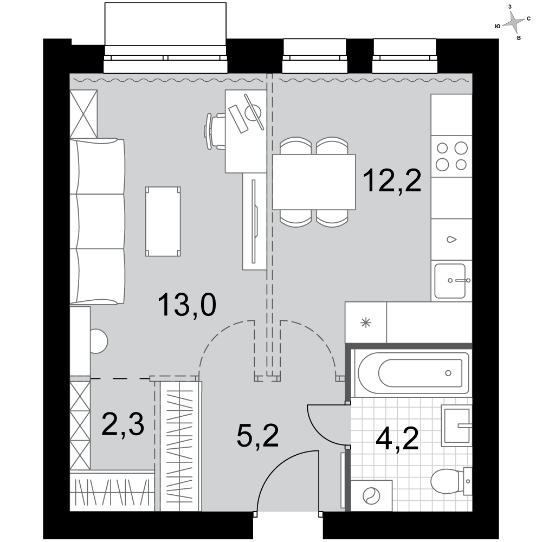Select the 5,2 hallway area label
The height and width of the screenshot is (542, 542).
(x=258, y=436)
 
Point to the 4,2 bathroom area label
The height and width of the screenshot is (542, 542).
(x=397, y=438)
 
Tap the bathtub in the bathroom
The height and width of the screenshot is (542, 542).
(x=413, y=373)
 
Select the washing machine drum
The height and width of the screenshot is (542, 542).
(x=371, y=496)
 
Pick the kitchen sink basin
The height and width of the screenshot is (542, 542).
(x=450, y=281)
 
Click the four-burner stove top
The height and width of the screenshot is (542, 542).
(x=451, y=157)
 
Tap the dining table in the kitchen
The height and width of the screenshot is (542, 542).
(x=314, y=182)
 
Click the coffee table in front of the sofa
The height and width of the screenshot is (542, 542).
(x=163, y=222)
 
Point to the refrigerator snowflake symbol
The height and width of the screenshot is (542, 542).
(x=366, y=323)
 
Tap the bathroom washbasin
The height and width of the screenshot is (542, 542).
(x=457, y=425)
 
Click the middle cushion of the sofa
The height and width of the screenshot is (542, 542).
(x=97, y=222)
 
